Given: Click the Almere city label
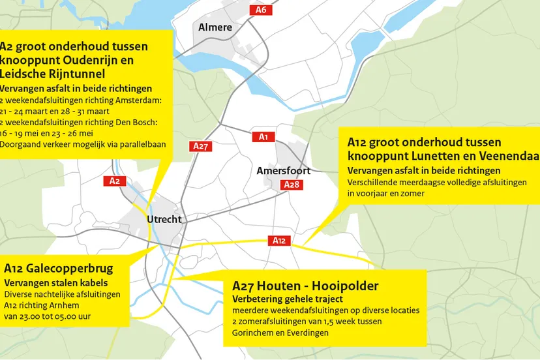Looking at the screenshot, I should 215,27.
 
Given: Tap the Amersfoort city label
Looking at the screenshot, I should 283,171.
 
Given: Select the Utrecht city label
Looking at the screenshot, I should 164,219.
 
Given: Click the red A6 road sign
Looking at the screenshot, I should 261,10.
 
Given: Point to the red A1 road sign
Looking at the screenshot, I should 263,137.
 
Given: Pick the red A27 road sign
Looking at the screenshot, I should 201,147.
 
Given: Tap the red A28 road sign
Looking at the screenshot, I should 292,185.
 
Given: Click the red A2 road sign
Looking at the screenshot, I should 114,181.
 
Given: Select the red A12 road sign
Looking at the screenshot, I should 279,241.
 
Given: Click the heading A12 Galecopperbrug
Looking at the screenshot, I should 59,269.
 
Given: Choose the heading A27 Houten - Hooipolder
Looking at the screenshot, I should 305,286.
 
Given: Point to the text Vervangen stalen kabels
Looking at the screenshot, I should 56,283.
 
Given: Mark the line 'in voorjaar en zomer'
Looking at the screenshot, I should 386,194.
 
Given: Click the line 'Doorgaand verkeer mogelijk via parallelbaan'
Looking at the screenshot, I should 83,145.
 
